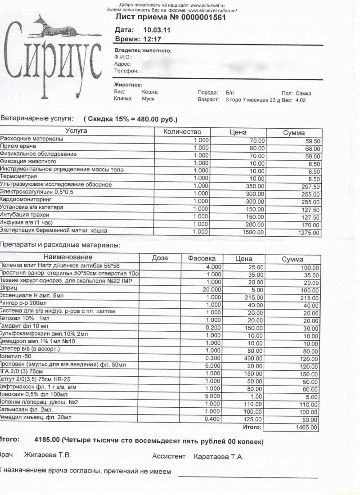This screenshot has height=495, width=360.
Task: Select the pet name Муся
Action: coord(148,99)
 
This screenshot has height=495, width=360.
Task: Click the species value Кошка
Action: coord(150,92)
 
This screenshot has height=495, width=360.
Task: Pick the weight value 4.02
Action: coord(300,100)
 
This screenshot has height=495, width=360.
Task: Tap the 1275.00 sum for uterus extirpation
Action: coord(309,233)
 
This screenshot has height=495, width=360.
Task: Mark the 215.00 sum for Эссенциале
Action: coord(309,298)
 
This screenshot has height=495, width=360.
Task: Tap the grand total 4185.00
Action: coord(47,441)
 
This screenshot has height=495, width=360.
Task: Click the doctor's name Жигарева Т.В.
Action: coord(47,456)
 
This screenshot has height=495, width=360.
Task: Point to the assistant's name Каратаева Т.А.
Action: coord(218,457)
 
